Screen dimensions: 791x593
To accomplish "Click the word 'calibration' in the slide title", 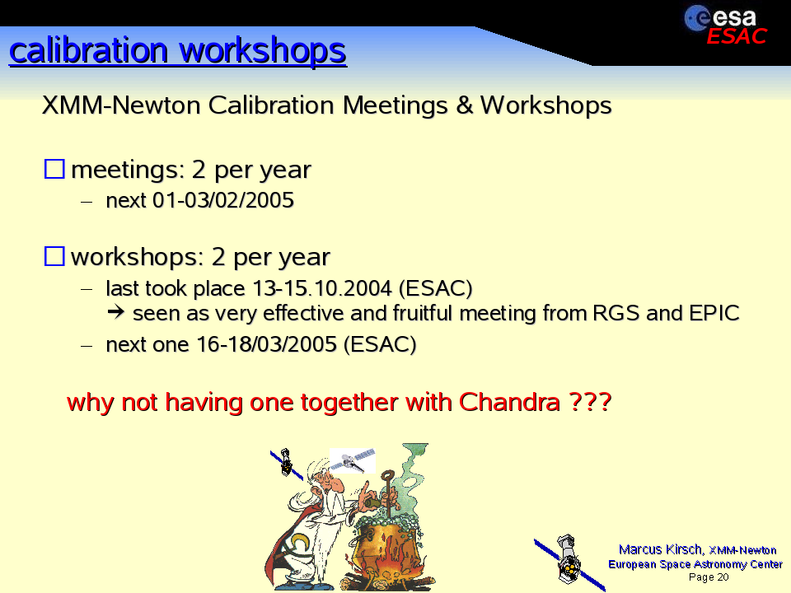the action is [x=89, y=50].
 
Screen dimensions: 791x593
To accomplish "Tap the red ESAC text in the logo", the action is [x=737, y=36].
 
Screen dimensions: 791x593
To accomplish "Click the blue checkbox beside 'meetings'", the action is [x=54, y=169].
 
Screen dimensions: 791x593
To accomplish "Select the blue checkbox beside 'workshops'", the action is [x=54, y=256].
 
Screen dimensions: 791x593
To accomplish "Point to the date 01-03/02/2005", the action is [x=223, y=200].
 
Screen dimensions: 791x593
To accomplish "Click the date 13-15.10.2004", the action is [x=322, y=288].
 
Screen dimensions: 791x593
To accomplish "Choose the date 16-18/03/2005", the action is [x=266, y=344].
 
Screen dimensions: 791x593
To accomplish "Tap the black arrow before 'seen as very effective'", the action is [x=116, y=313].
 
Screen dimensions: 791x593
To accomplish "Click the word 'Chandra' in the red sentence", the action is [x=509, y=402].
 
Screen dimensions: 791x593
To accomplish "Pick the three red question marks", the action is [x=590, y=402].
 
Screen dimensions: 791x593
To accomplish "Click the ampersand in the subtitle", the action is [x=464, y=105].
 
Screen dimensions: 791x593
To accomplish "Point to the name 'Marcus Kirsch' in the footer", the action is [x=660, y=549].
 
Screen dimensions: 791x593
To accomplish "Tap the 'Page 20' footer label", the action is [x=709, y=577].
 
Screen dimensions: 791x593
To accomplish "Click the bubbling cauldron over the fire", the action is [x=386, y=544].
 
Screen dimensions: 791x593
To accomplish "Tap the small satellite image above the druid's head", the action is [x=353, y=460].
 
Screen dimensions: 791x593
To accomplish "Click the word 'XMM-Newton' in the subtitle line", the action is [x=122, y=105].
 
